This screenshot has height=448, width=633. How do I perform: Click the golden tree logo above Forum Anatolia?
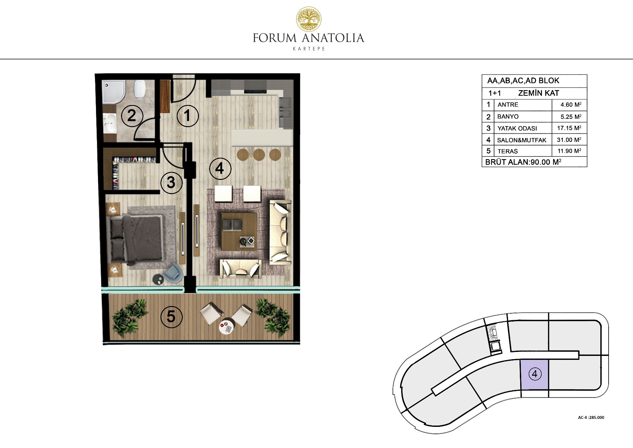[x=309, y=19]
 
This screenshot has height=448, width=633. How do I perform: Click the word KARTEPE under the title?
[x=309, y=49]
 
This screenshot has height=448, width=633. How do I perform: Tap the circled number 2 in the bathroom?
[x=132, y=116]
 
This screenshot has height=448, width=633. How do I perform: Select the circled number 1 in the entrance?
[x=188, y=116]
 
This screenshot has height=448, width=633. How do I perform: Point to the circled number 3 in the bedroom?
[x=171, y=182]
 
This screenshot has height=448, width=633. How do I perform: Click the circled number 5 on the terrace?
[x=171, y=317]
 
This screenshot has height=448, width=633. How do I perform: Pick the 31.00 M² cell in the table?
[x=569, y=140]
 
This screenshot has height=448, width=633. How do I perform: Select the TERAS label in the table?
[x=508, y=151]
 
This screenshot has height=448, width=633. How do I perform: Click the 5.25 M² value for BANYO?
[x=571, y=117]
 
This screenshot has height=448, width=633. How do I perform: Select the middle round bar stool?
[x=259, y=155]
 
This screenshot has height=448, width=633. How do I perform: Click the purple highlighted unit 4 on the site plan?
[x=534, y=374]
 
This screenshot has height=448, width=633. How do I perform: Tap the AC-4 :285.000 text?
[x=591, y=417]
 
